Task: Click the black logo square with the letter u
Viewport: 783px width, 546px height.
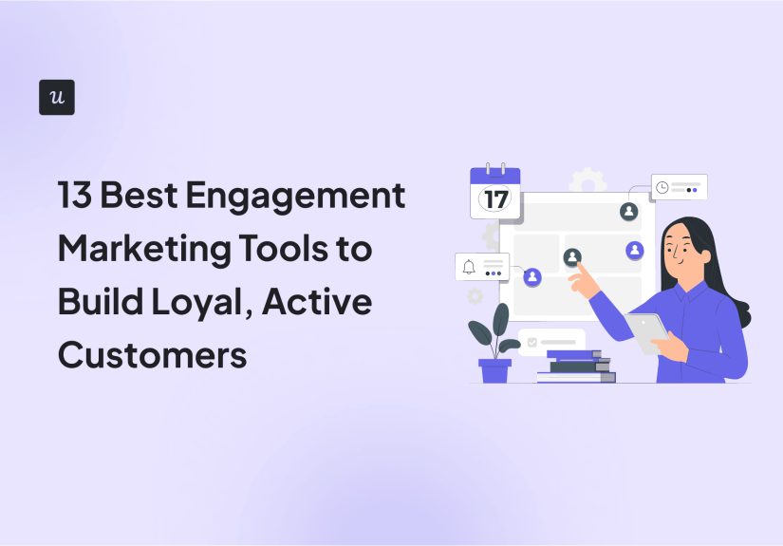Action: click(57, 98)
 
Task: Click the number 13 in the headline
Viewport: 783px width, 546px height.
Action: click(75, 197)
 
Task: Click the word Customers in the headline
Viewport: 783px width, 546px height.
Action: click(152, 354)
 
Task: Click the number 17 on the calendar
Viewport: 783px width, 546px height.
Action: click(495, 199)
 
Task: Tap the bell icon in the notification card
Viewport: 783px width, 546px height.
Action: click(469, 267)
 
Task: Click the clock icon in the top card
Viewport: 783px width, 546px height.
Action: click(662, 188)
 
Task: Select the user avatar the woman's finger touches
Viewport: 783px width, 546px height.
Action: click(572, 256)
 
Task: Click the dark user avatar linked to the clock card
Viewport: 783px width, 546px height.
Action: click(628, 211)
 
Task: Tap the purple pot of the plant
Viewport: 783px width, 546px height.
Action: click(494, 370)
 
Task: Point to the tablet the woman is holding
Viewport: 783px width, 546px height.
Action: click(647, 332)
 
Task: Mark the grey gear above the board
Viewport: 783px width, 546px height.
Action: click(587, 180)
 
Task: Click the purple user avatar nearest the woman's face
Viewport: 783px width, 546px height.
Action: click(635, 251)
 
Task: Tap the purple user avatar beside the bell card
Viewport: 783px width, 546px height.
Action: click(532, 276)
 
